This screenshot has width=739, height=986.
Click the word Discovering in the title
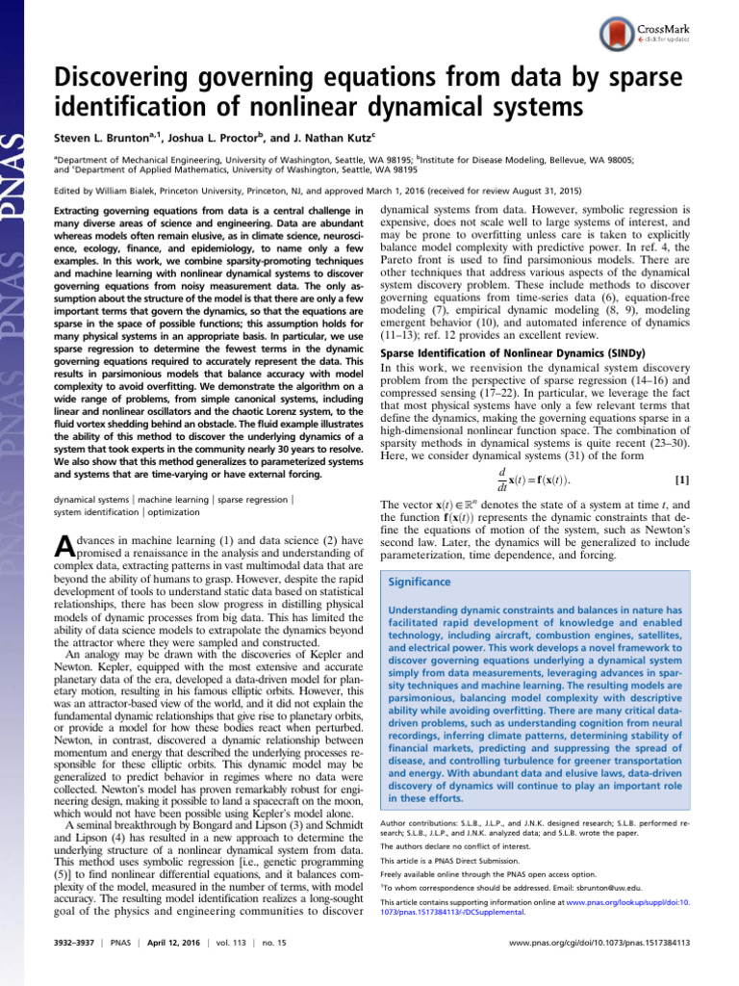pos(124,81)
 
